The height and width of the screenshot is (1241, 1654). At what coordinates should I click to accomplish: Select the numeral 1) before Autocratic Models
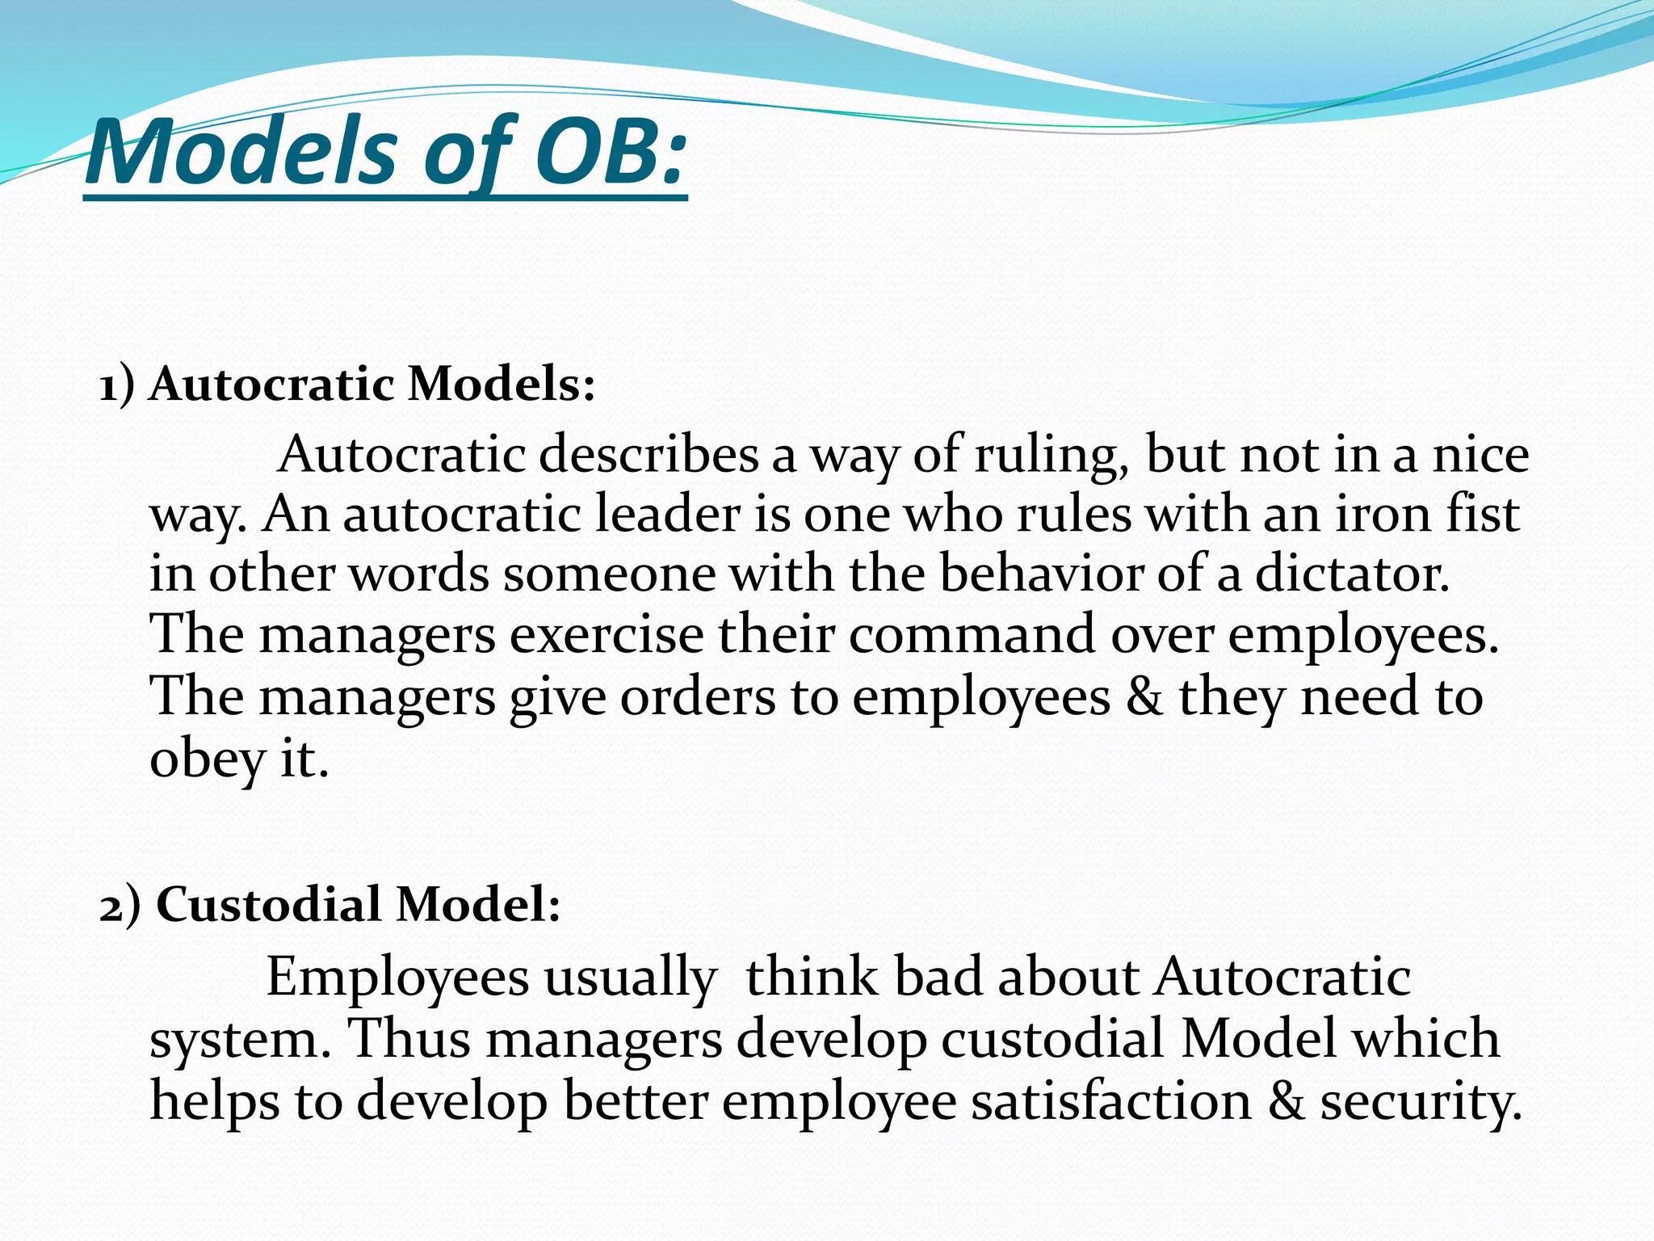117,385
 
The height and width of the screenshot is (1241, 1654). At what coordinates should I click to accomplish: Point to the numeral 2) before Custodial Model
120,905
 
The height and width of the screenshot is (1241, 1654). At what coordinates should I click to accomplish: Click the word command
972,635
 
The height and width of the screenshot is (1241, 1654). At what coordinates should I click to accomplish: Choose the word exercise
607,635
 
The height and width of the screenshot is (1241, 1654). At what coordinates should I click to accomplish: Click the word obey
208,759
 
